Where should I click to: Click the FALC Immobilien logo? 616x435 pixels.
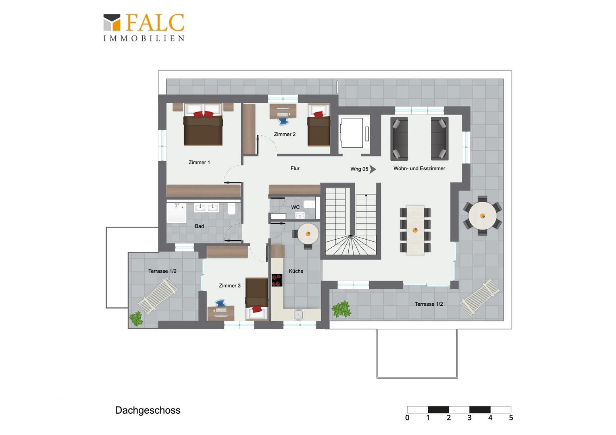[x=144, y=27]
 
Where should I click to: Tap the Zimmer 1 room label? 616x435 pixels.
[x=199, y=162]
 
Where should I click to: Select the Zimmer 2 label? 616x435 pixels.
[x=285, y=135]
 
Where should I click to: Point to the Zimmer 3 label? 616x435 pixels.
[x=230, y=286]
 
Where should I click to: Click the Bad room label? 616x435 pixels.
[x=200, y=226]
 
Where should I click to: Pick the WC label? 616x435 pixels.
[x=296, y=207]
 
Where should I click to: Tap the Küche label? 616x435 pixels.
[x=296, y=271]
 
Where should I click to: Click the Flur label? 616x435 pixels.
[x=295, y=168]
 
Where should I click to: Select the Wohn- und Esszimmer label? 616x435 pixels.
[x=419, y=168]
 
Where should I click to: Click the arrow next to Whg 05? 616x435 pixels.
[x=373, y=169]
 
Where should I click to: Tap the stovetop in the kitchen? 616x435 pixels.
[x=277, y=280]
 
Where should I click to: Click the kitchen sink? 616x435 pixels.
[x=298, y=315]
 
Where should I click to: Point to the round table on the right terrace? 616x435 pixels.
[x=482, y=216]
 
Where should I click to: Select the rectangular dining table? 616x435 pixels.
[x=415, y=230]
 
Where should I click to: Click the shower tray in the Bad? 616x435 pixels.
[x=176, y=212]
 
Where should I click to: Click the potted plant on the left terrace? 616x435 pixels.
[x=136, y=319]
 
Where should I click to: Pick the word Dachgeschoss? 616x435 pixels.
[x=148, y=410]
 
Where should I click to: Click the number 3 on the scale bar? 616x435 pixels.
[x=469, y=418]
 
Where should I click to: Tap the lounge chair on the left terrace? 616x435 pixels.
[x=158, y=296]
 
